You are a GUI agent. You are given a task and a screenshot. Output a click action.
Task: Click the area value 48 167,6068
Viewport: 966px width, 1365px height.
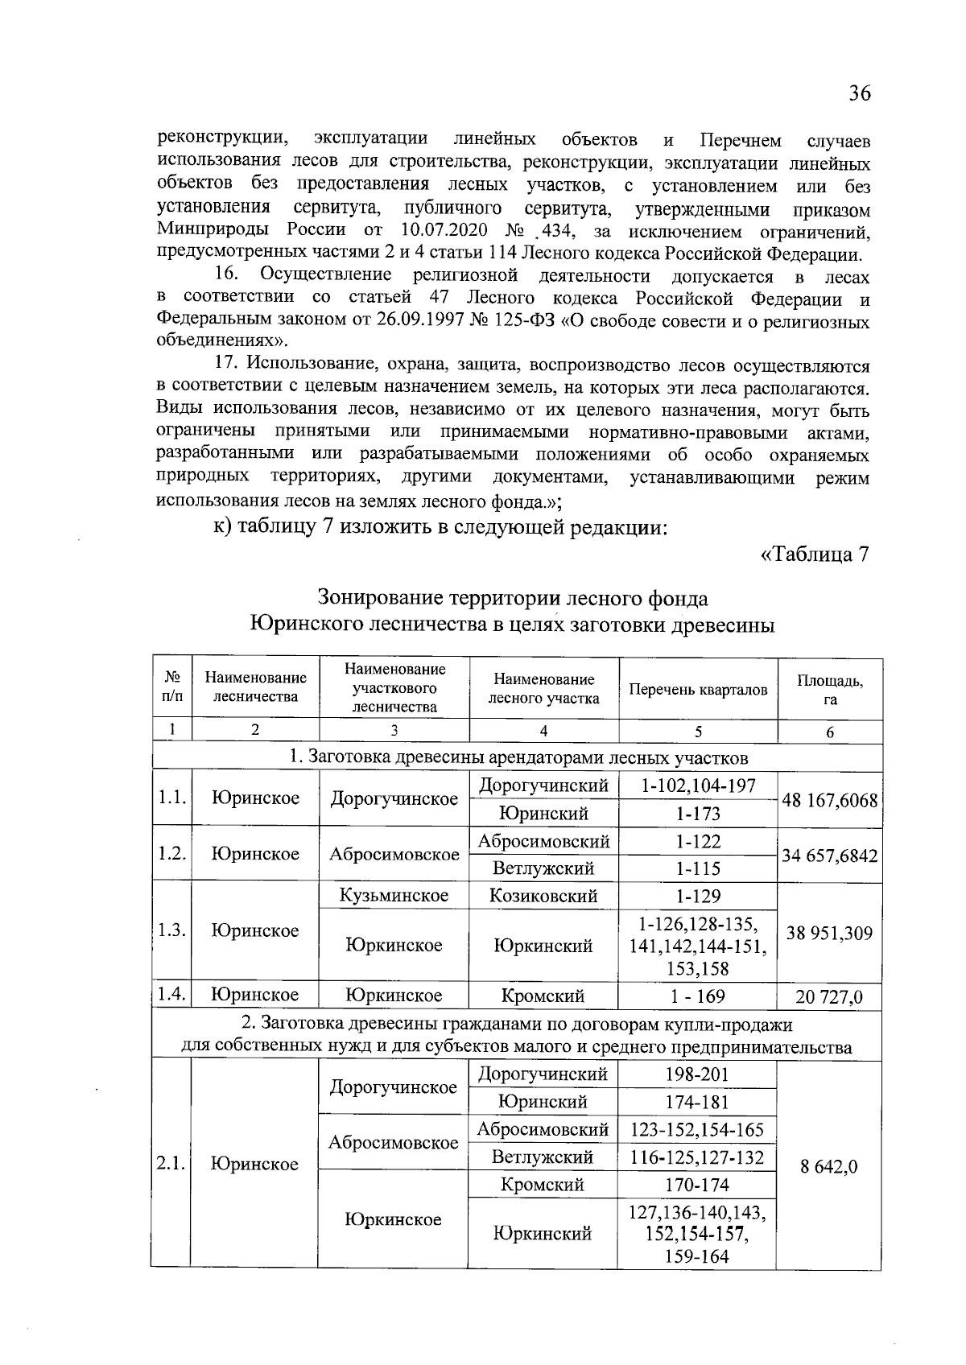click(829, 800)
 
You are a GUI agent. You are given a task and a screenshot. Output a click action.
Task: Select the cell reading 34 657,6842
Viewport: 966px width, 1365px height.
click(829, 855)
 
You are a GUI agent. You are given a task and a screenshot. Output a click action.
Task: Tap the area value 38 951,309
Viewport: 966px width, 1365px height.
click(829, 933)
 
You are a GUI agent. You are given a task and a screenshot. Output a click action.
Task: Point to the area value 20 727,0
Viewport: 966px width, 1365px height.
click(829, 997)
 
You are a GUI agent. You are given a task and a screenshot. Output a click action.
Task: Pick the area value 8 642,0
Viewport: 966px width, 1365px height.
click(829, 1166)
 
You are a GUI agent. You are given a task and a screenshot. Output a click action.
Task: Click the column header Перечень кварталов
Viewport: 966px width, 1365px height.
click(698, 690)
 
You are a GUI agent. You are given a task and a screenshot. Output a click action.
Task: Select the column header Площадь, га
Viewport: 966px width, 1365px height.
click(830, 690)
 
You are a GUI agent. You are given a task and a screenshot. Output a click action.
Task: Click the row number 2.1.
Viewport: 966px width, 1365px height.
click(171, 1163)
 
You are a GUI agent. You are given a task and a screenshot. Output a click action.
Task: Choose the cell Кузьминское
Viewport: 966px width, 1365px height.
click(394, 896)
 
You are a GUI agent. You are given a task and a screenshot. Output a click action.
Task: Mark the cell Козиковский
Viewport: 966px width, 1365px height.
click(543, 896)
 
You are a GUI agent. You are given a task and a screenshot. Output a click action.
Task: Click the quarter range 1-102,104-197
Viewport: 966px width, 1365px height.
click(698, 786)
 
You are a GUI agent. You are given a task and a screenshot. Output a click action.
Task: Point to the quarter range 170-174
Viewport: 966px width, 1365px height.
click(697, 1185)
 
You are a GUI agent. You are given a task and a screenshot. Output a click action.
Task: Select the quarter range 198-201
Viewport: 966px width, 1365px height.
click(697, 1074)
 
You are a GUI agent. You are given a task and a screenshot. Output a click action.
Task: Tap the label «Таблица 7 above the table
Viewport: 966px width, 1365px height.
click(815, 555)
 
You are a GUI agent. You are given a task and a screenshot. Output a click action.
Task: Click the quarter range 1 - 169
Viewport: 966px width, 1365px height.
click(697, 996)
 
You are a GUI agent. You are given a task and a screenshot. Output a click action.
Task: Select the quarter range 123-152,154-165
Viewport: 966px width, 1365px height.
click(697, 1129)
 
